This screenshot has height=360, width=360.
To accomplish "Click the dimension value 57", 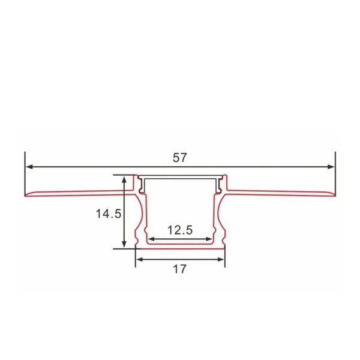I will point(179,158).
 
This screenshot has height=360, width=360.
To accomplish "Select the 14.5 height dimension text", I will point(108,213).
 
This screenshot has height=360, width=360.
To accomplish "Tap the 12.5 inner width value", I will point(179,229).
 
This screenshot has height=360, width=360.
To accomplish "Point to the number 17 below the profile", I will point(179,269).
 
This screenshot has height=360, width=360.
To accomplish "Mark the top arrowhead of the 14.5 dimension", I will point(124,179).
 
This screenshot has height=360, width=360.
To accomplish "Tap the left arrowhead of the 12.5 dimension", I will point(151,239).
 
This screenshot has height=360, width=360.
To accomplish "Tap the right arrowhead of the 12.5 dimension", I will point(209,239).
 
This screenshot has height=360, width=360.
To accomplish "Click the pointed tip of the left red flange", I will point(26,196).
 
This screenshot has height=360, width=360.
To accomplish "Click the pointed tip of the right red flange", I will point(334,196).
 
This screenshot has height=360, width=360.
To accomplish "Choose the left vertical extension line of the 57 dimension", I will point(25,174).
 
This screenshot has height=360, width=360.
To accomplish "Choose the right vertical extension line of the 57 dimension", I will point(335,174).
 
